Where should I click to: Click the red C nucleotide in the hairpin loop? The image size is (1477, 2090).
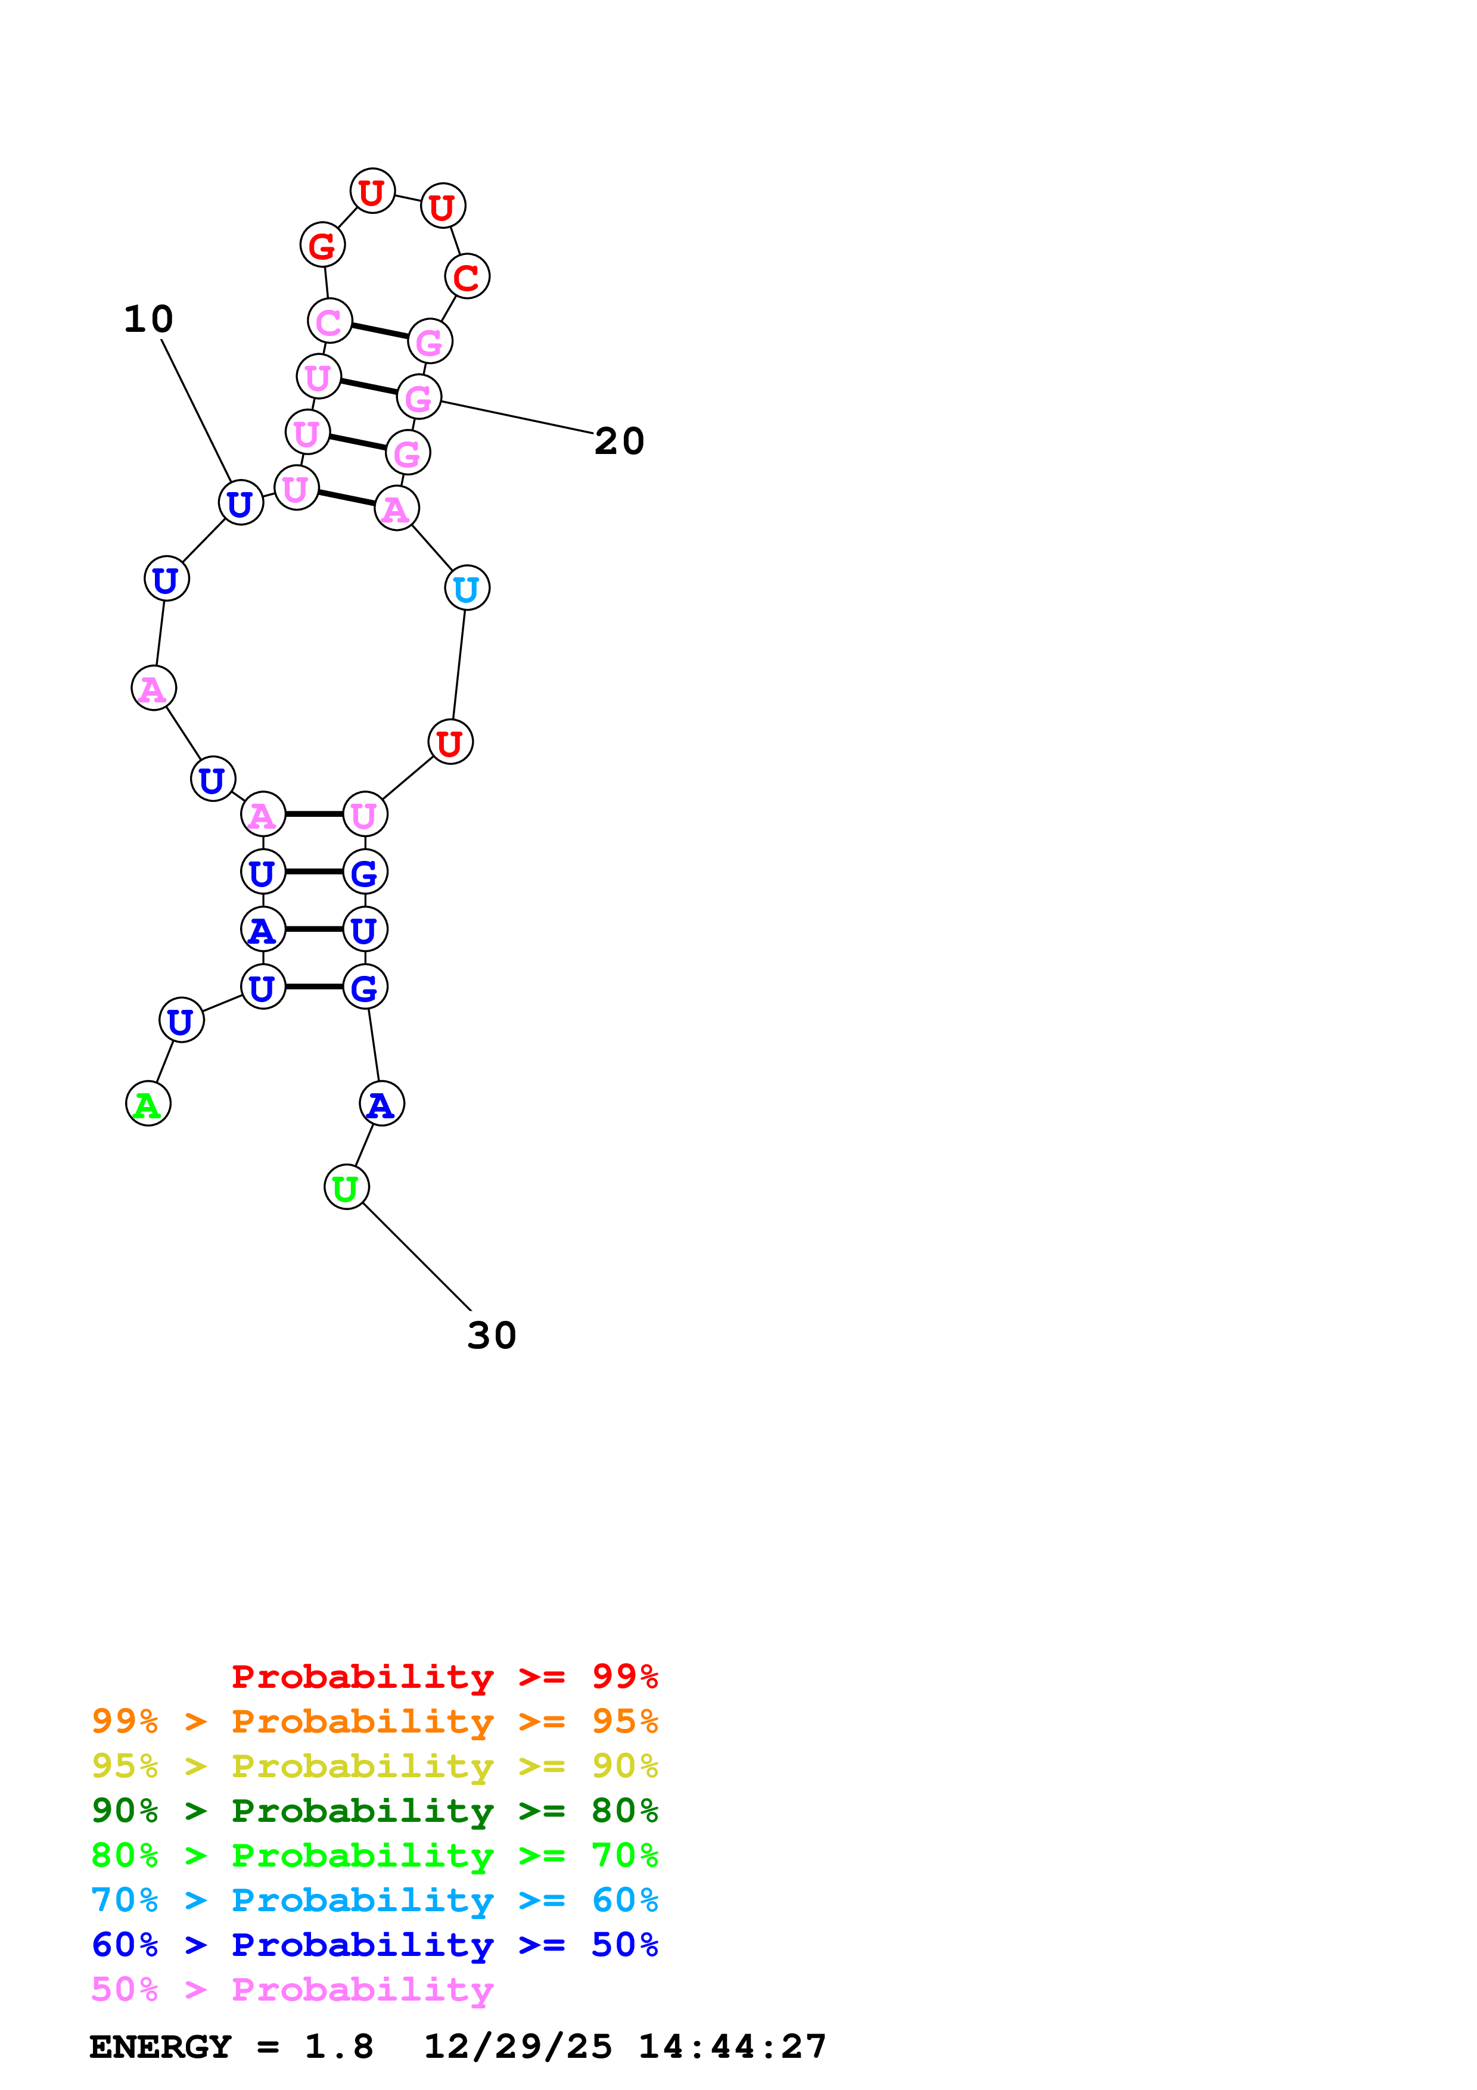pyautogui.click(x=467, y=276)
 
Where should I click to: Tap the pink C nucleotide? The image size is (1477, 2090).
pyautogui.click(x=329, y=321)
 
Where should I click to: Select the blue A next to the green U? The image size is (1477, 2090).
pyautogui.click(x=381, y=1104)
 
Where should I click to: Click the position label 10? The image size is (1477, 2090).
pyautogui.click(x=148, y=319)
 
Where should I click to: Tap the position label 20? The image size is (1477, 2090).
pyautogui.click(x=619, y=441)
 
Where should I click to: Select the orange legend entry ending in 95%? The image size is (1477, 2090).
pyautogui.click(x=374, y=1721)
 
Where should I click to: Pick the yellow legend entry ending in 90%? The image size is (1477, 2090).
pyautogui.click(x=374, y=1766)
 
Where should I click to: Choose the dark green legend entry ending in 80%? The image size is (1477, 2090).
pyautogui.click(x=374, y=1811)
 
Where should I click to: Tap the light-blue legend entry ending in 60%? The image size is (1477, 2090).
pyautogui.click(x=374, y=1900)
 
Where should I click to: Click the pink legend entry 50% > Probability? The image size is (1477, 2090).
pyautogui.click(x=292, y=1989)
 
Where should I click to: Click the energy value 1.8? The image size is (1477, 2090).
pyautogui.click(x=338, y=2047)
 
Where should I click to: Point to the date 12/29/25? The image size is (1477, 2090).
pyautogui.click(x=518, y=2047)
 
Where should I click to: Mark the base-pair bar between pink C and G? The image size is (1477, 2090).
pyautogui.click(x=380, y=331)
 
